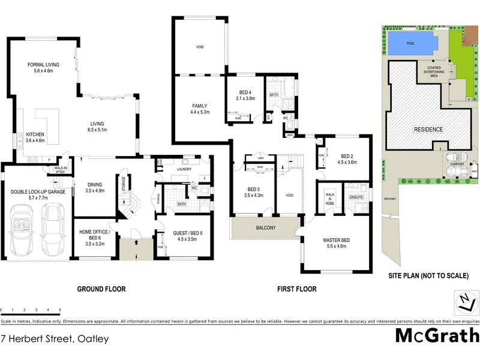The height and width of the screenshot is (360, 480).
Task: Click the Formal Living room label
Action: click(x=43, y=67)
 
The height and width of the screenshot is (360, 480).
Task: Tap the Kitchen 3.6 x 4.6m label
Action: click(x=33, y=137)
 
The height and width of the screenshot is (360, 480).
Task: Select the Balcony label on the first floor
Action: click(x=265, y=228)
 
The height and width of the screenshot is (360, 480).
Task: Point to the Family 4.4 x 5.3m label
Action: click(x=199, y=109)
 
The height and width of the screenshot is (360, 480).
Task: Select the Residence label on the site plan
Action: click(x=427, y=130)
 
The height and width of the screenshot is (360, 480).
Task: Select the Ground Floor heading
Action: click(x=101, y=289)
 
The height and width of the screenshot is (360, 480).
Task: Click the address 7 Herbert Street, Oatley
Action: click(x=55, y=339)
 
